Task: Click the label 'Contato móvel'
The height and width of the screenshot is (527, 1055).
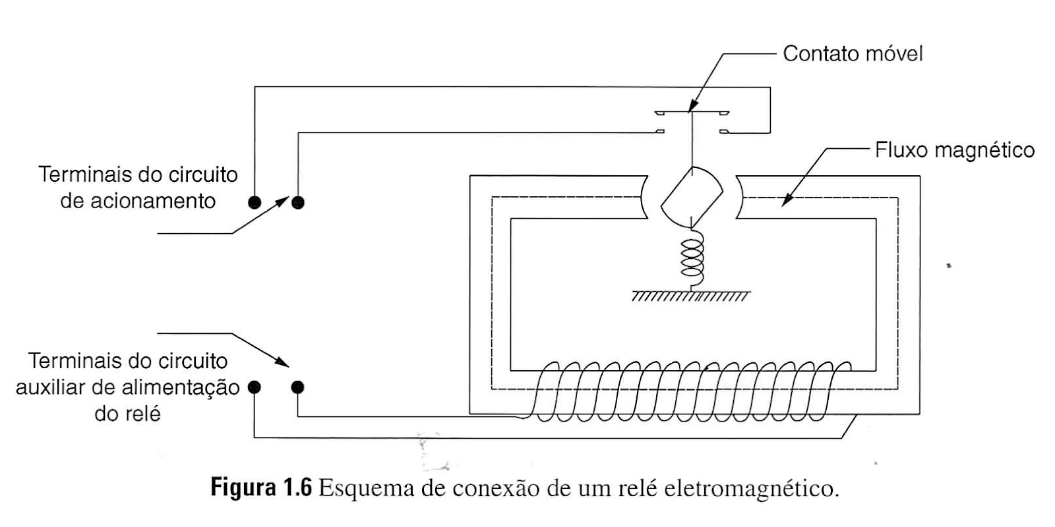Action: coord(853,53)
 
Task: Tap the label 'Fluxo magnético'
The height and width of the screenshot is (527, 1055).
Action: coord(954,150)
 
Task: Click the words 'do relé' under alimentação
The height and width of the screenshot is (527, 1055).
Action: coord(128,414)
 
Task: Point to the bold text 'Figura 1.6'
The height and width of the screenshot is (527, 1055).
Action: coord(260,488)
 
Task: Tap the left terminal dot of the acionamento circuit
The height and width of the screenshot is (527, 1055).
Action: coord(255,202)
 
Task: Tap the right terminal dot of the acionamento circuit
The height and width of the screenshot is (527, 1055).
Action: coord(298,202)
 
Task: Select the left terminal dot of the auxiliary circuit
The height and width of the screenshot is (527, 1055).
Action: coord(255,387)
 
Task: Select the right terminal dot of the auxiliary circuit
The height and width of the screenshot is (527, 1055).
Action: coord(298,387)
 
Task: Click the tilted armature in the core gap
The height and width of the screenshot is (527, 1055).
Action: coord(691,196)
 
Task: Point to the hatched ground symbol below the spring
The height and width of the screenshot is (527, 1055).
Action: coord(690,296)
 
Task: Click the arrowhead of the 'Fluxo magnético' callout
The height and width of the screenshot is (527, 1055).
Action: coord(786,202)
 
